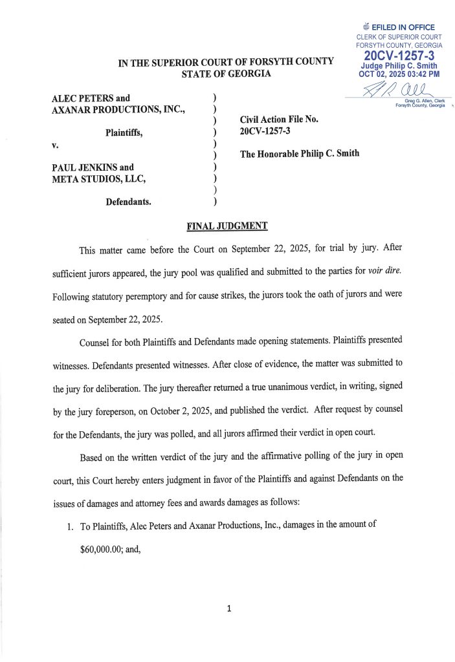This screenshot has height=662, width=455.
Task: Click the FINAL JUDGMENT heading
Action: pyautogui.click(x=226, y=226)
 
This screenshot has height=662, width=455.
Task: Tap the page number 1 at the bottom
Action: pyautogui.click(x=228, y=608)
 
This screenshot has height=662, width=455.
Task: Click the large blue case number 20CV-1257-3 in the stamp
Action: pyautogui.click(x=399, y=56)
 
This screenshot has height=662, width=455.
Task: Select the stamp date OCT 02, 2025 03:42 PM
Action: pyautogui.click(x=399, y=74)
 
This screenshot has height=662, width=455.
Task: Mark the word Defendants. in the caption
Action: pyautogui.click(x=128, y=202)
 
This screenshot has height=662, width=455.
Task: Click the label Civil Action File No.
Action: pyautogui.click(x=279, y=119)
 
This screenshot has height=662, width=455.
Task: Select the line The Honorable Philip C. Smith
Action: pyautogui.click(x=299, y=154)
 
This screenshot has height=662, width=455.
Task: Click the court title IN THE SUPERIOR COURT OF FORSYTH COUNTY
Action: pyautogui.click(x=226, y=61)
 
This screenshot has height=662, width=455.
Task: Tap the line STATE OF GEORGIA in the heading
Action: pyautogui.click(x=226, y=74)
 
